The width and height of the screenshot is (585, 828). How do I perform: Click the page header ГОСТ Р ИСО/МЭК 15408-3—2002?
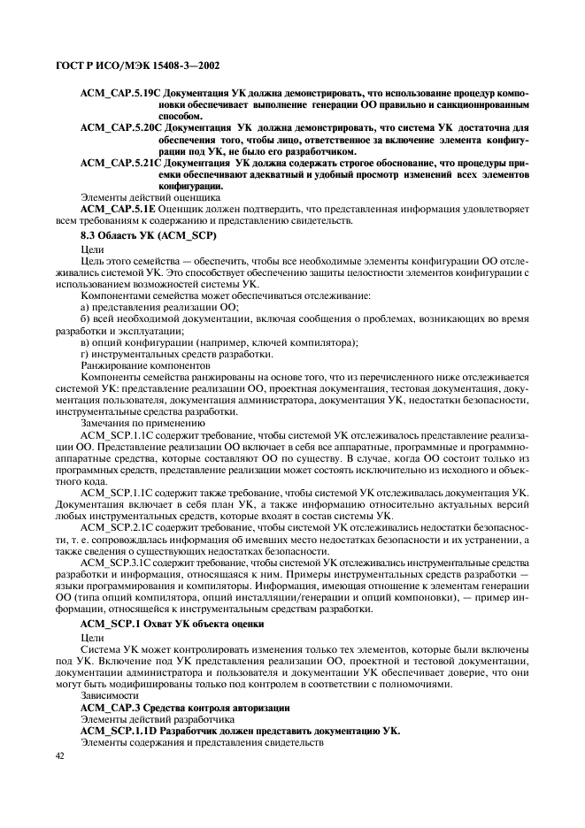[140, 66]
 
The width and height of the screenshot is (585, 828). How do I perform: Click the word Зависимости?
[106, 696]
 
